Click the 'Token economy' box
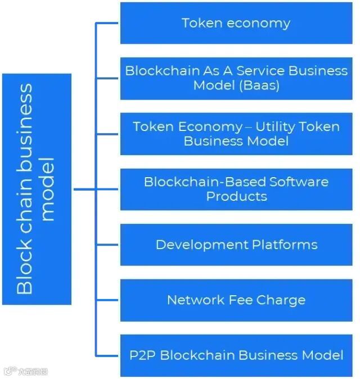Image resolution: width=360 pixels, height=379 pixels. tap(236, 23)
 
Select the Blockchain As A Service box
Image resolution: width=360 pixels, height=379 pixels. tap(236, 78)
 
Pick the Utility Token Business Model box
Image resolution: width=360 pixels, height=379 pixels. tap(236, 133)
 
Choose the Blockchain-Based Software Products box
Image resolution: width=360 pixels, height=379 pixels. tap(236, 189)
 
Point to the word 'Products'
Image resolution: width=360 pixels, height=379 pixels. tap(236, 196)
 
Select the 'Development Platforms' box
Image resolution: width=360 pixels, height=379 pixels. tap(236, 245)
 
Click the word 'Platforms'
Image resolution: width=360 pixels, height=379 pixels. tap(285, 245)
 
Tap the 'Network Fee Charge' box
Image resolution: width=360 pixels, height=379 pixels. tap(236, 300)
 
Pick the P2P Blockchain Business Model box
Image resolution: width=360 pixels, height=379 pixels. tap(236, 355)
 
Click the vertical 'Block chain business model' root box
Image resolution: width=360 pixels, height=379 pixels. tap(37, 189)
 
